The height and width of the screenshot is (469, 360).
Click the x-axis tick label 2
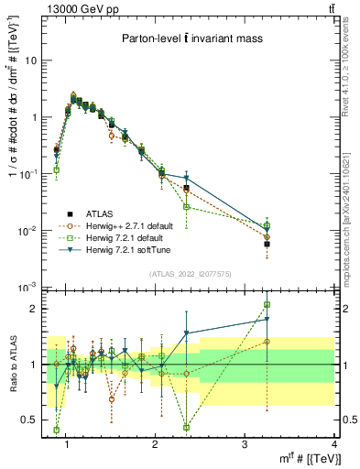[156, 444]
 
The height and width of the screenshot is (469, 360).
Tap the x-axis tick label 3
[245, 444]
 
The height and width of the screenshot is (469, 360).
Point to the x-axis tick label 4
[333, 444]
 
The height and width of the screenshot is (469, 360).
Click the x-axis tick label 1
[67, 444]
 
